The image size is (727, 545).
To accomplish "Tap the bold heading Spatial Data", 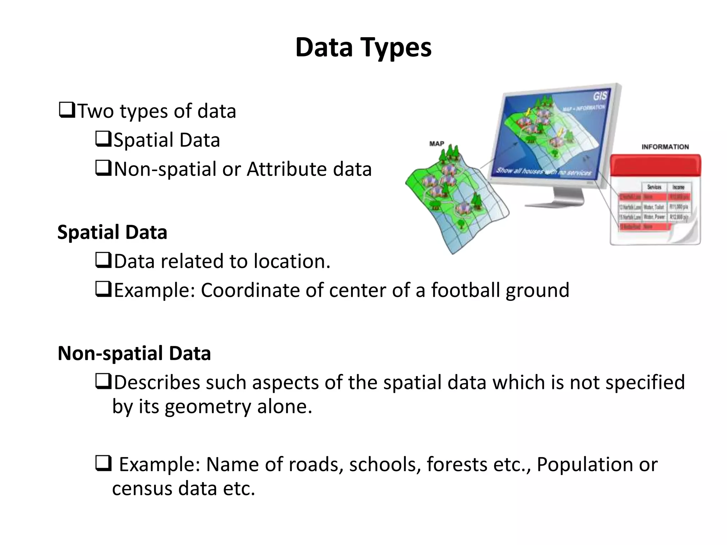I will (x=112, y=232).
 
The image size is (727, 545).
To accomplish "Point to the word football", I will (x=465, y=290).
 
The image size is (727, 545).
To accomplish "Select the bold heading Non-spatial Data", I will (x=134, y=353).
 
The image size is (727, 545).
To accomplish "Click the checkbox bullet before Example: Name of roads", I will (x=103, y=463).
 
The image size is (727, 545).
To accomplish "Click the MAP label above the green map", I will (x=437, y=144).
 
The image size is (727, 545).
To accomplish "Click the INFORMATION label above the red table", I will (x=665, y=147).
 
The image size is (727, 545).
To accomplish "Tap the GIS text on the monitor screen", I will (x=600, y=96).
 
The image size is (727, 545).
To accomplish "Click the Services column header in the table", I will (x=654, y=187).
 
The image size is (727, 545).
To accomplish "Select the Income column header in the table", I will (x=678, y=187).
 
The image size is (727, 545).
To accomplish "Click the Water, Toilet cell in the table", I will (x=654, y=207).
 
